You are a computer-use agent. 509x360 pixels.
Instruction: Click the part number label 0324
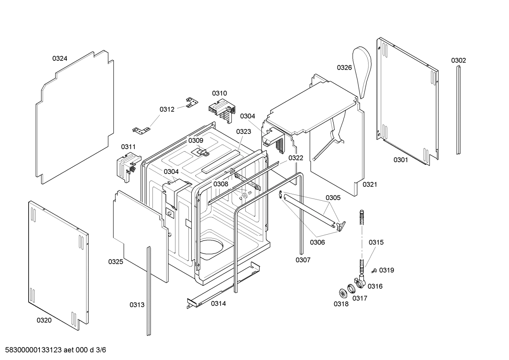(60, 59)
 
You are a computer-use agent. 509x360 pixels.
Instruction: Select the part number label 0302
(458, 60)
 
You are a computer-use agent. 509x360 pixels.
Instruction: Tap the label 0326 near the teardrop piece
(344, 67)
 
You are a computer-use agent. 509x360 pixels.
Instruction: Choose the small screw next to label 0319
(373, 271)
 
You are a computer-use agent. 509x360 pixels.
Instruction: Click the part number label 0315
(376, 242)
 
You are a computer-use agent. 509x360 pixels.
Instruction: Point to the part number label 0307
(303, 260)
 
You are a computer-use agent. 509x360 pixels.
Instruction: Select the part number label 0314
(218, 303)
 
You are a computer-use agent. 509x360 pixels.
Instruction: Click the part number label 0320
(44, 320)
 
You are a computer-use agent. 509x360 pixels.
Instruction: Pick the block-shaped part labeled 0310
(222, 109)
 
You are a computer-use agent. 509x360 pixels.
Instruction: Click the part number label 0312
(167, 110)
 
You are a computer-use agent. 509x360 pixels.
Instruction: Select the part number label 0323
(244, 132)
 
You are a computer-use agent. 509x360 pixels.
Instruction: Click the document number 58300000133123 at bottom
(32, 350)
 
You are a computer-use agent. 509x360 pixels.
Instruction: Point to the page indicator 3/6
(101, 350)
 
